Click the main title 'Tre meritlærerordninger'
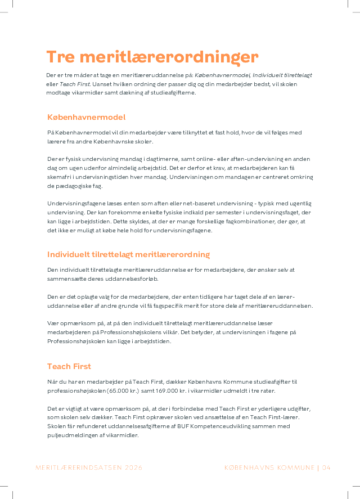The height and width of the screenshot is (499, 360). [x=152, y=57]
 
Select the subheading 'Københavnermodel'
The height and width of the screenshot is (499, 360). [x=86, y=117]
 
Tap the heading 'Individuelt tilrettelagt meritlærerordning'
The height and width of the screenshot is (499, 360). [x=128, y=254]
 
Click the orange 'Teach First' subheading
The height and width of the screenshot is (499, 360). [x=69, y=366]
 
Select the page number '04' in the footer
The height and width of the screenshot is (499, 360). [x=326, y=467]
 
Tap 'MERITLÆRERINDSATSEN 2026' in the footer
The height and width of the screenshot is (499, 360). [x=89, y=467]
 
